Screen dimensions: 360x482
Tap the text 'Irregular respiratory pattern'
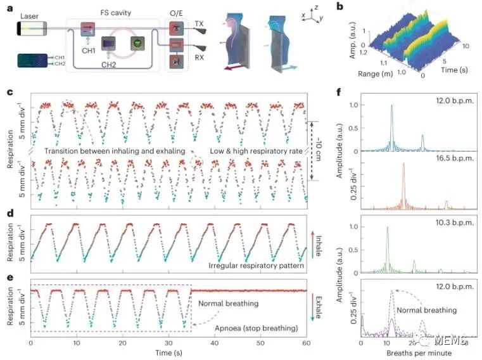tap(253, 264)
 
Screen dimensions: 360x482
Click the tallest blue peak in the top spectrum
tap(392, 106)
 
